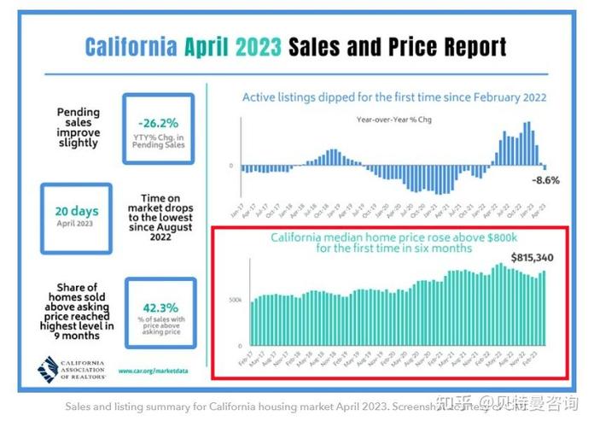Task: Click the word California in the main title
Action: click(131, 46)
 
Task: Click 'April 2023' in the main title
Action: click(233, 46)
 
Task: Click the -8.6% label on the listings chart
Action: click(544, 180)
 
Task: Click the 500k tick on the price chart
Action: click(236, 301)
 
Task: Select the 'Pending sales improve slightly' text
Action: click(79, 126)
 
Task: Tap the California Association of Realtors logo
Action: click(72, 368)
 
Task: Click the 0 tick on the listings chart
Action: click(232, 165)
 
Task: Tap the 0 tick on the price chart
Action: click(239, 345)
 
